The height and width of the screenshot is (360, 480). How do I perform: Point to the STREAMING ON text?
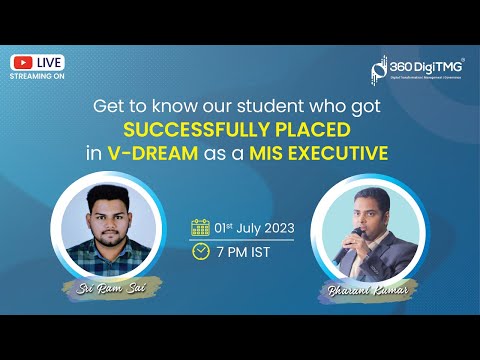pos(37,74)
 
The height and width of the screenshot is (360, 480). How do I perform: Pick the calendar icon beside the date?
pos(200,227)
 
